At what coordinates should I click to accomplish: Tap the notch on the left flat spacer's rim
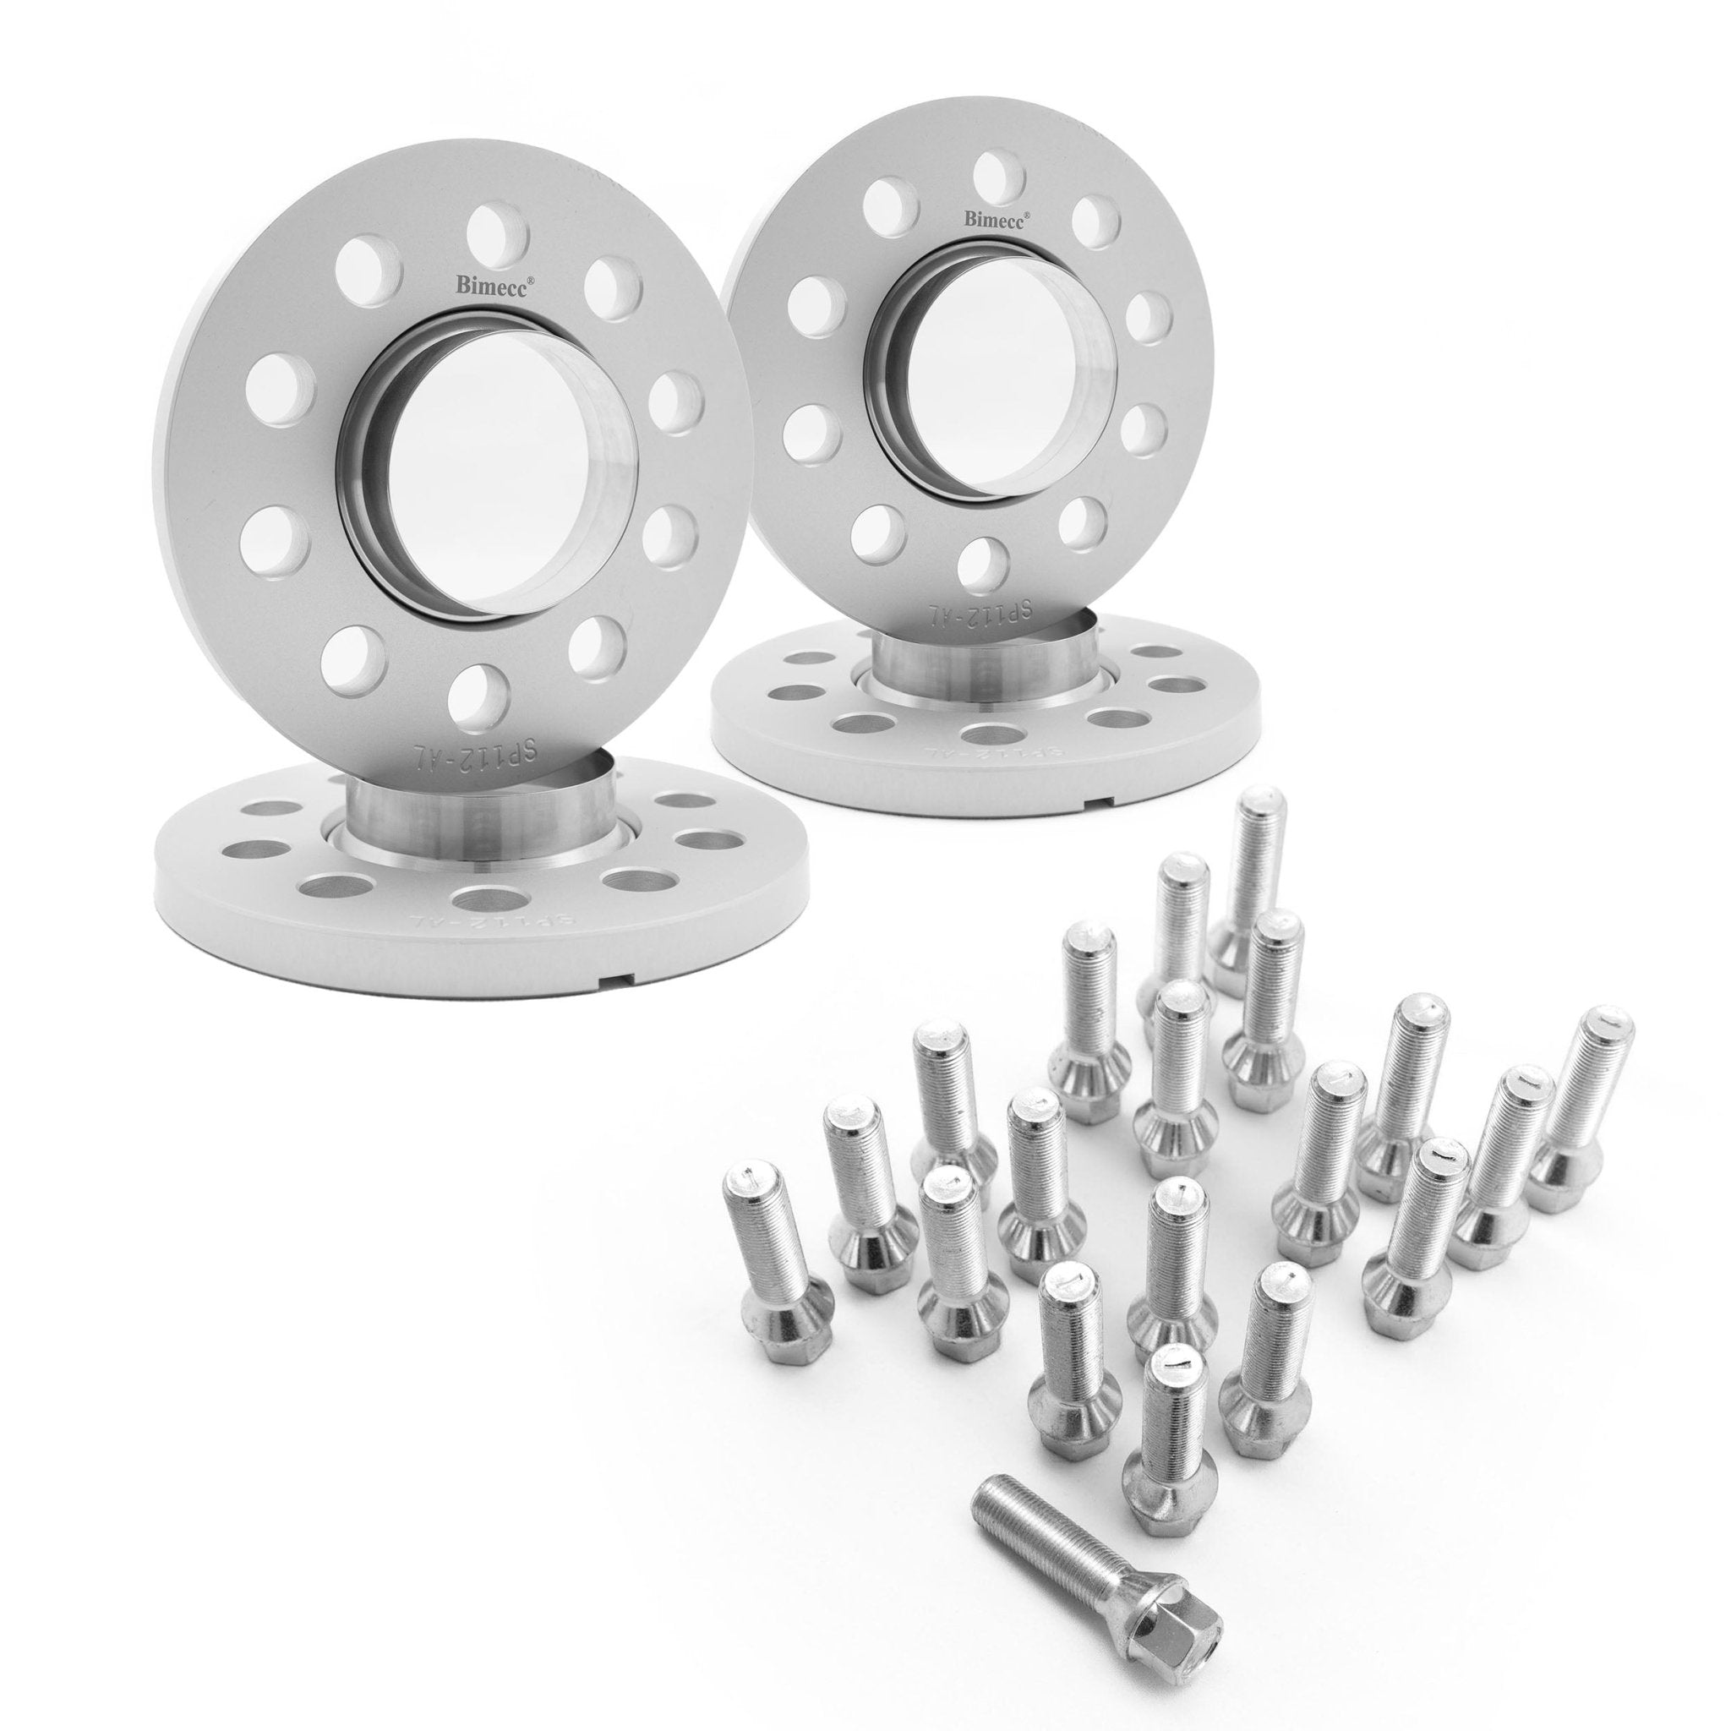(x=617, y=980)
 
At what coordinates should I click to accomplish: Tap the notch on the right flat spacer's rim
(x=1100, y=789)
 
